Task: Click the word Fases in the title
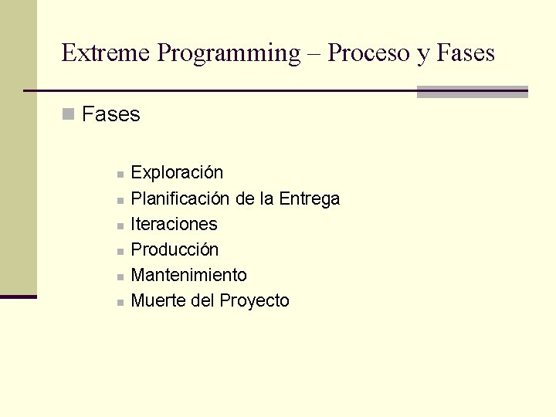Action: (x=466, y=53)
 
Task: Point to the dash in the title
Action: (x=314, y=54)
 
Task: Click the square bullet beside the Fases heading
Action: (x=67, y=115)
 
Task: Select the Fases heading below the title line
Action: (x=110, y=115)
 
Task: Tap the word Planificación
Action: (x=180, y=199)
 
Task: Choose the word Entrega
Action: (x=310, y=199)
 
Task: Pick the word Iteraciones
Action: (x=175, y=225)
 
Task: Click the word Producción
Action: (x=175, y=250)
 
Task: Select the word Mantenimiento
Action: (x=189, y=276)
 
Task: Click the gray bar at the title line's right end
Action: (x=472, y=92)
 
